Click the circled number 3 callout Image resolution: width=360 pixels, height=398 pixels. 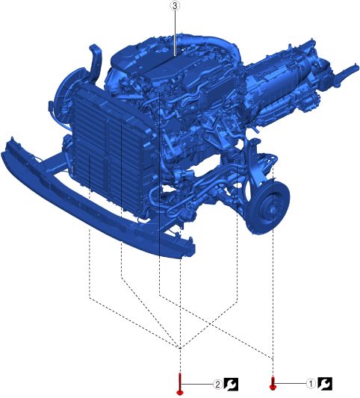[x=175, y=5]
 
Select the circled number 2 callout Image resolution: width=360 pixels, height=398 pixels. [x=217, y=385]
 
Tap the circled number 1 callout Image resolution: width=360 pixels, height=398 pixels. [x=311, y=384]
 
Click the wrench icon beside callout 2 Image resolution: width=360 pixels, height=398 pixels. [x=231, y=385]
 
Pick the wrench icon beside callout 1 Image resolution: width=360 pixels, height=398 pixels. [x=325, y=384]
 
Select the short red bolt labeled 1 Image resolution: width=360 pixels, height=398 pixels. [x=273, y=383]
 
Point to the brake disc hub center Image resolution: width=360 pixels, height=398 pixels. [x=272, y=208]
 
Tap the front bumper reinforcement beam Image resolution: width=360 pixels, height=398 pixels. [x=96, y=201]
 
